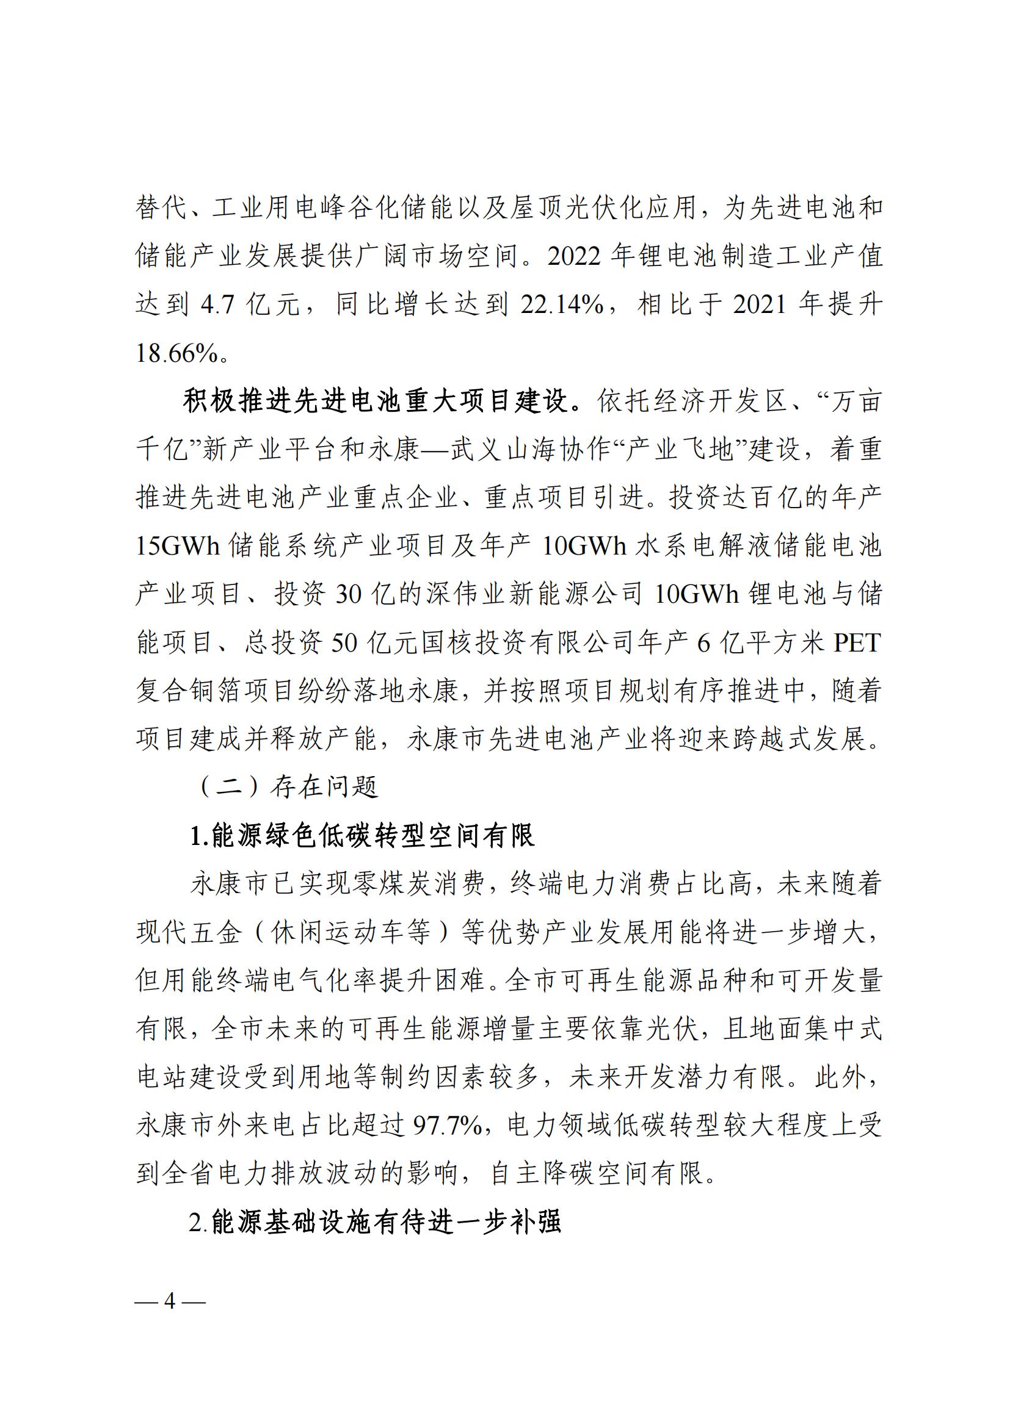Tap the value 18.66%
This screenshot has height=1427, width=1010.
click(176, 354)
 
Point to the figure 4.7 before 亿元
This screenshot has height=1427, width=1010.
click(217, 304)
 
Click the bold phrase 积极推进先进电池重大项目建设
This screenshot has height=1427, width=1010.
click(376, 401)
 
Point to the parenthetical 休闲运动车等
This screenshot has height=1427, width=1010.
click(351, 933)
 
